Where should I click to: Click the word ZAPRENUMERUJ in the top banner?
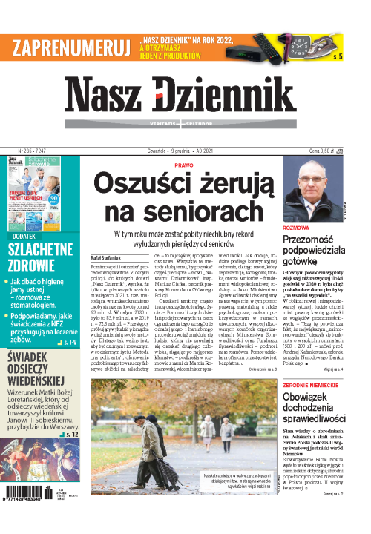pos(68,46)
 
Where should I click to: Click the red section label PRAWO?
pos(185,166)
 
